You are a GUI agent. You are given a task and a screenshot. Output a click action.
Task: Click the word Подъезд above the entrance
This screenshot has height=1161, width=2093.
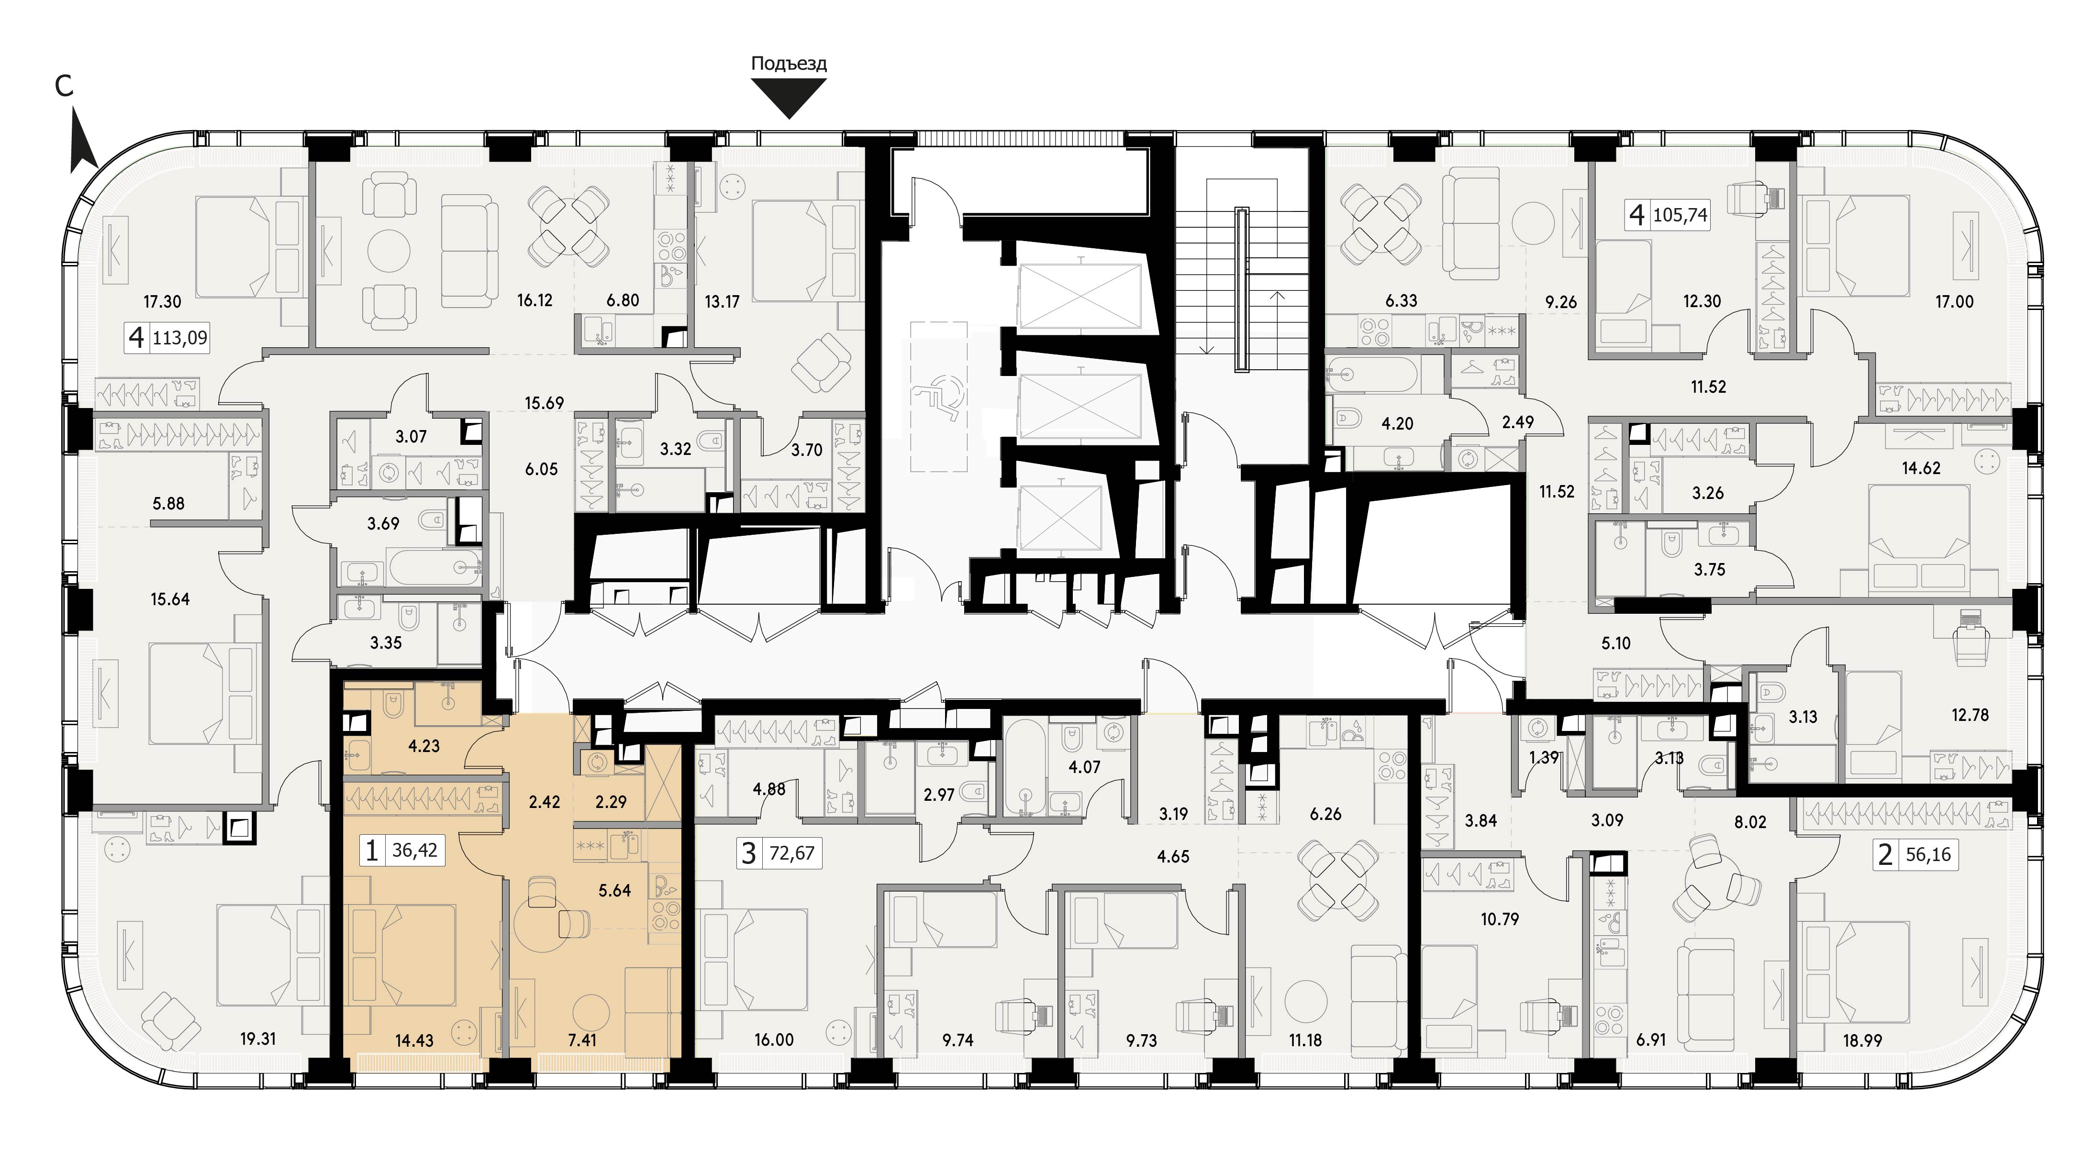pyautogui.click(x=789, y=64)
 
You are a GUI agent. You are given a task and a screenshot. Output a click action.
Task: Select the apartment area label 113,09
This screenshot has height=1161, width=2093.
pyautogui.click(x=180, y=336)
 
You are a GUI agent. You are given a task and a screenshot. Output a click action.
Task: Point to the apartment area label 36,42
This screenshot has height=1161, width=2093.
pyautogui.click(x=414, y=850)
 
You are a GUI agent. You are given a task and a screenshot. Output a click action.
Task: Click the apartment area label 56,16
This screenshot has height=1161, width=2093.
pyautogui.click(x=1927, y=855)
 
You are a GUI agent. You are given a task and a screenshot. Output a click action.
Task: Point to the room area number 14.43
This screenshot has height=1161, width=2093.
pyautogui.click(x=414, y=1039)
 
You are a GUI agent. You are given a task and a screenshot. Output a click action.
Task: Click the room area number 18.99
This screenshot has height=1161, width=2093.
pyautogui.click(x=1862, y=1039)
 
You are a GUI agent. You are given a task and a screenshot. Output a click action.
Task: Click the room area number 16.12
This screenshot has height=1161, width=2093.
pyautogui.click(x=534, y=300)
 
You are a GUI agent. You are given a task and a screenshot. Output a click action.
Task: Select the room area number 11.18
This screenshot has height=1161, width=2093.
pyautogui.click(x=1305, y=1039)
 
